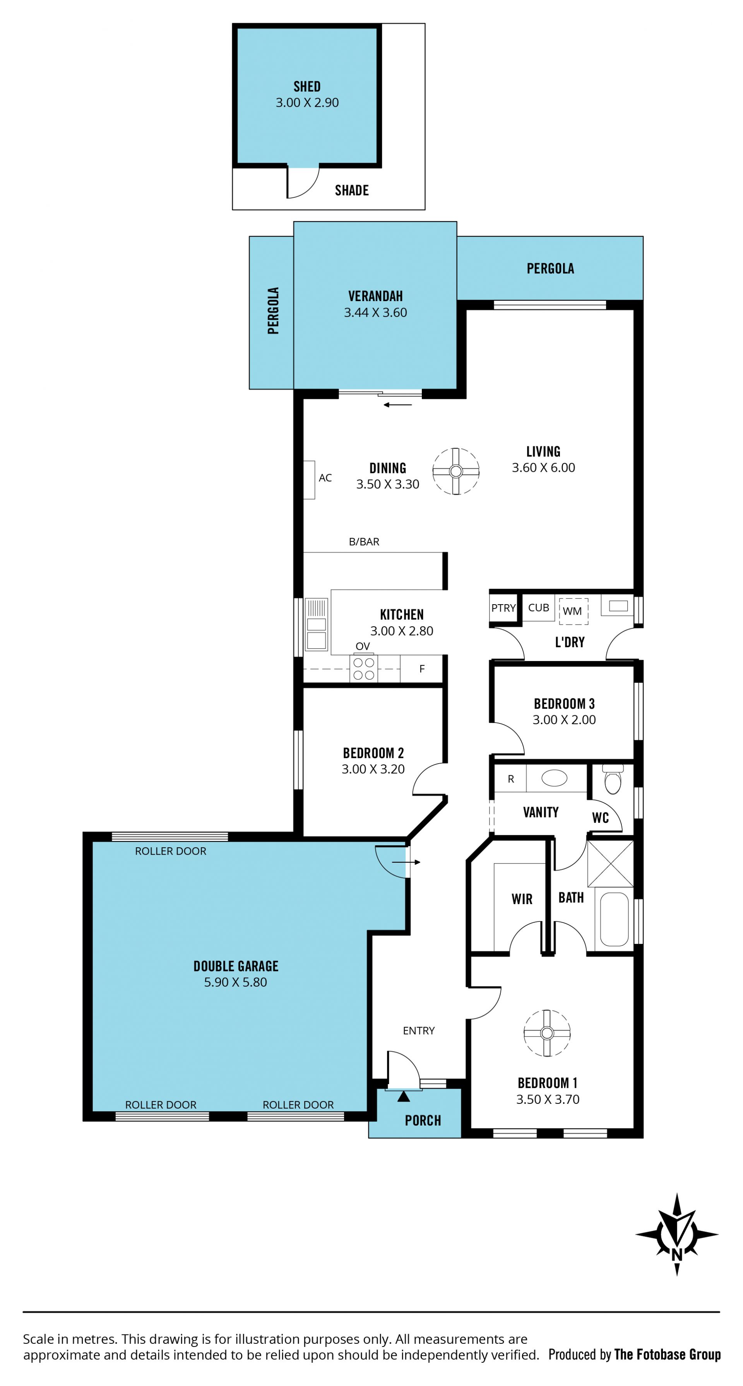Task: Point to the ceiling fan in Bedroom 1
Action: tap(547, 1033)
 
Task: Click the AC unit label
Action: tap(325, 478)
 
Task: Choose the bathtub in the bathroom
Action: tap(614, 919)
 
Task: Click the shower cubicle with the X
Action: tap(610, 863)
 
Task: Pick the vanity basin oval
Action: tap(554, 778)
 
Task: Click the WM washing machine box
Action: tap(573, 611)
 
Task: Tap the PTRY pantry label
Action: tap(503, 608)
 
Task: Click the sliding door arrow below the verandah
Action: tap(397, 404)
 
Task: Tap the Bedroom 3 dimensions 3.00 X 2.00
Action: tap(564, 720)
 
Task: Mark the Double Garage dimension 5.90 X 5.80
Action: tap(235, 982)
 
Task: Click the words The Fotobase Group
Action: tap(667, 1354)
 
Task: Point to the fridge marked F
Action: tap(422, 669)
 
